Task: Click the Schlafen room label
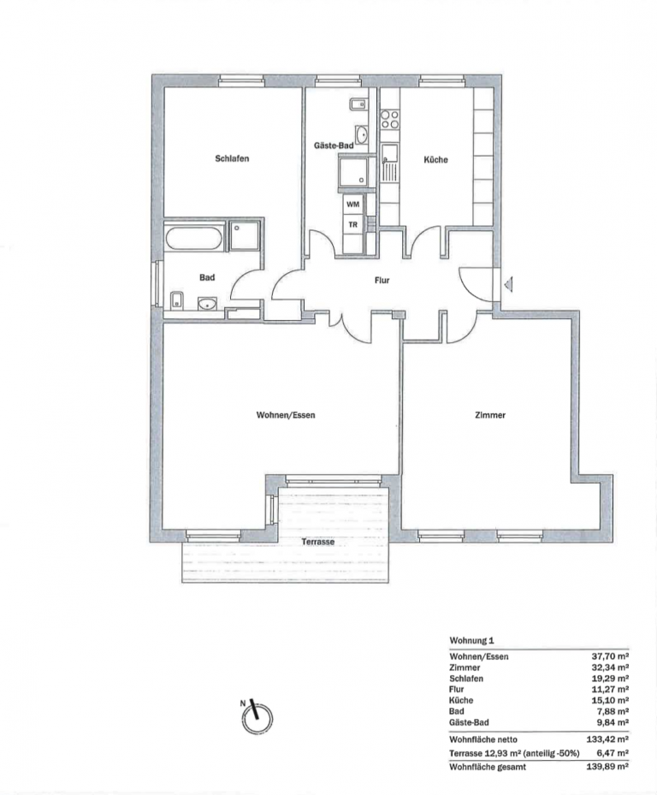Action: click(232, 158)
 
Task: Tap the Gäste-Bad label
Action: click(334, 145)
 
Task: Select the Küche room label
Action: click(435, 159)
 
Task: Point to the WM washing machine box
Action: click(352, 205)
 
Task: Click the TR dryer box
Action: click(352, 223)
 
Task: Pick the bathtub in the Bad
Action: click(195, 238)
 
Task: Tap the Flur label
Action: click(382, 280)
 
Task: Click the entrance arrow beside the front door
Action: click(508, 284)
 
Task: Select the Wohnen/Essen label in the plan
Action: click(286, 415)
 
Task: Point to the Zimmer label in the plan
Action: click(490, 415)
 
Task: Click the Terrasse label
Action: click(318, 542)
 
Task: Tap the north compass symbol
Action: click(257, 717)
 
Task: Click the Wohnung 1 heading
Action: click(471, 641)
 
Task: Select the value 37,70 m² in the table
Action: click(607, 656)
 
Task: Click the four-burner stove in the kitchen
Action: click(390, 119)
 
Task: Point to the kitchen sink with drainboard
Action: click(390, 163)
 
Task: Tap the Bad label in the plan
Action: click(207, 277)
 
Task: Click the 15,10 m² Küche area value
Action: click(607, 700)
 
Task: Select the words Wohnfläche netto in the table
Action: click(483, 739)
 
